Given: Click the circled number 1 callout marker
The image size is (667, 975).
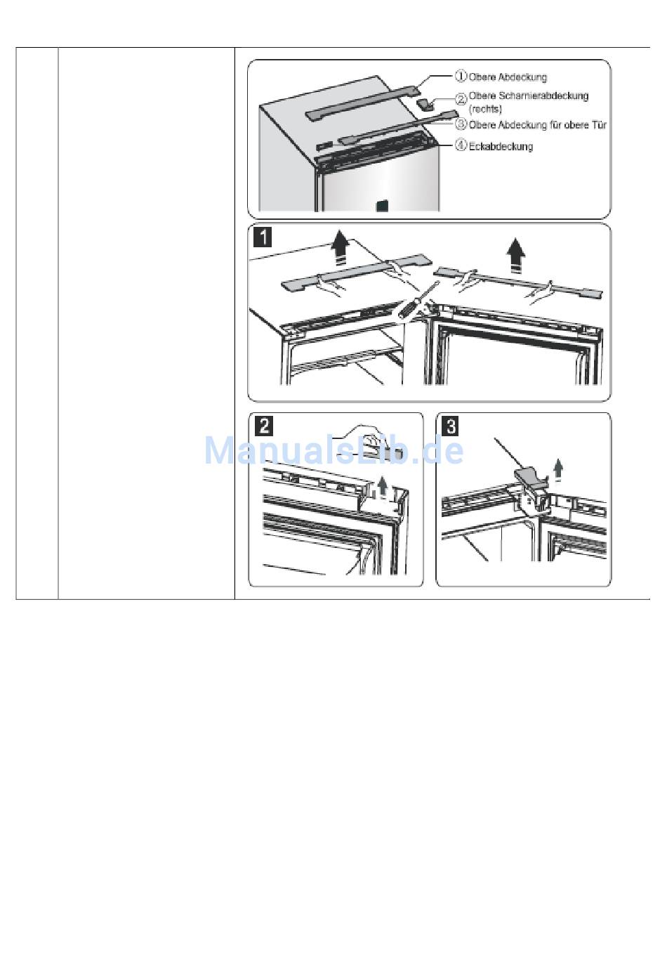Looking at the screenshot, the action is (461, 76).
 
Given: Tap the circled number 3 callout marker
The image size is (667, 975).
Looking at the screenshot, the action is (461, 124).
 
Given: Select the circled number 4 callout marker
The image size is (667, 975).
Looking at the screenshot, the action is (461, 145).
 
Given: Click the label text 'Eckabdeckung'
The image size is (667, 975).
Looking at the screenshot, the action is (501, 146).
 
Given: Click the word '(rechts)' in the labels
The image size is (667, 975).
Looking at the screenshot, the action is (485, 109).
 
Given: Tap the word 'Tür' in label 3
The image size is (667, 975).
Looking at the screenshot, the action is (598, 125).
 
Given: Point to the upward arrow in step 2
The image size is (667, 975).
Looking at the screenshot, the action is (383, 487).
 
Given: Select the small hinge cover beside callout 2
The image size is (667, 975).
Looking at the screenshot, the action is (425, 104).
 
